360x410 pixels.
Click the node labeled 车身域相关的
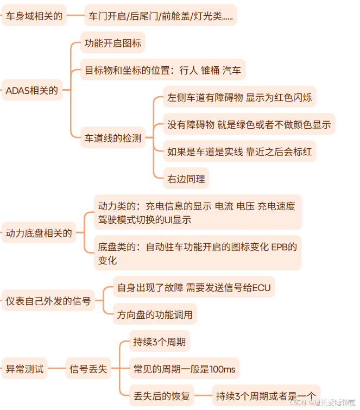[34, 16]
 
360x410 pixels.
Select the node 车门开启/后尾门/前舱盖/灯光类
[161, 16]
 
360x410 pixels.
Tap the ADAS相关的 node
[31, 91]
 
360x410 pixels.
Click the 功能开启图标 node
[113, 43]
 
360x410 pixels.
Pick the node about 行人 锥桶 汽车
[163, 70]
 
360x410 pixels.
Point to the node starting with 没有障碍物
[249, 124]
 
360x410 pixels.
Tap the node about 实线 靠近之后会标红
[239, 152]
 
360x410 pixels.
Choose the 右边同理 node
[186, 178]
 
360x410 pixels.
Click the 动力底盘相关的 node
[39, 234]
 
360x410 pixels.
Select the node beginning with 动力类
[197, 212]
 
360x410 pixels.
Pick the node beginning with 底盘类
[197, 253]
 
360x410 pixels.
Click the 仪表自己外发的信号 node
[48, 300]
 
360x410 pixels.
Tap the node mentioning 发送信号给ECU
[194, 287]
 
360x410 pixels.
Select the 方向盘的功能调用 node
[154, 314]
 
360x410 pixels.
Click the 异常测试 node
[24, 369]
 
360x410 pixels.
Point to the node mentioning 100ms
[184, 369]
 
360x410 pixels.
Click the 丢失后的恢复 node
[161, 395]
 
